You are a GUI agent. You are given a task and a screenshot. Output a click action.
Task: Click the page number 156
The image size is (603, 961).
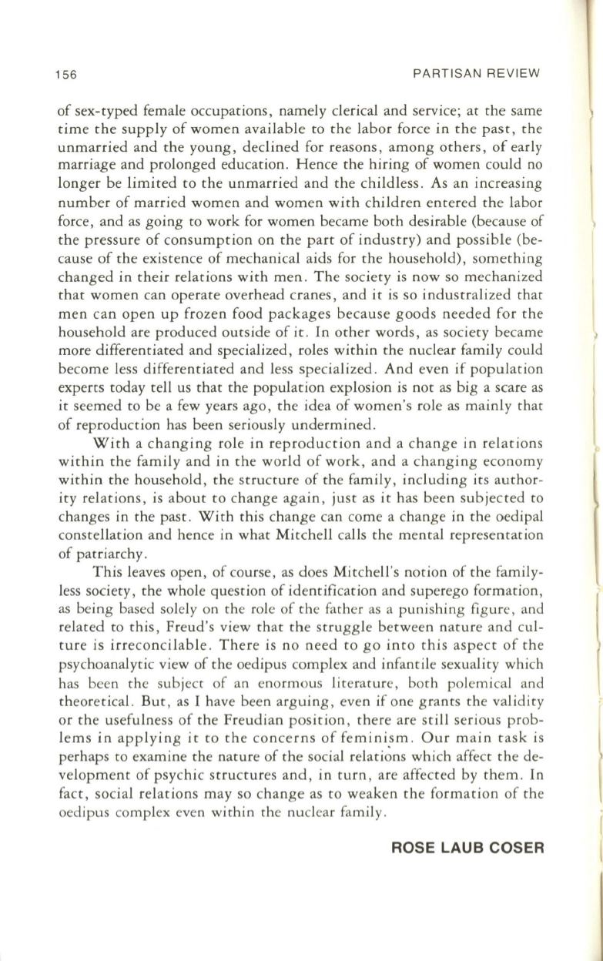(69, 75)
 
